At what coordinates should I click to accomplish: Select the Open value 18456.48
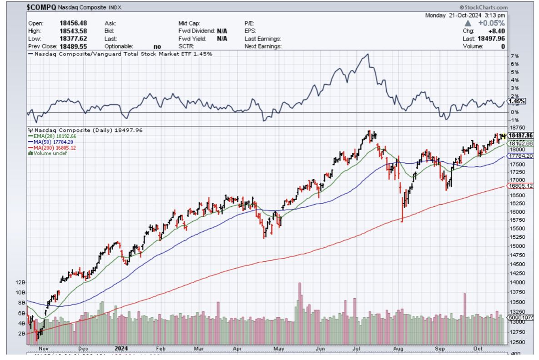click(73, 23)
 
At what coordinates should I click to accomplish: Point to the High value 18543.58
click(73, 30)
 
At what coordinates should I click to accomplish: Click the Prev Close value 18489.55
click(73, 46)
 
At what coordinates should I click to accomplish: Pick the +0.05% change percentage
click(493, 23)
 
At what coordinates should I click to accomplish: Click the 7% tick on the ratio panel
click(514, 56)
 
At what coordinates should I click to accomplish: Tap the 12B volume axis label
click(20, 282)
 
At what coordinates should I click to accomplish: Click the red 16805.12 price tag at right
click(521, 186)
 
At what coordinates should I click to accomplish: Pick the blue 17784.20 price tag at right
click(521, 156)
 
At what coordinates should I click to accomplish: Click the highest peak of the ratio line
click(367, 55)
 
